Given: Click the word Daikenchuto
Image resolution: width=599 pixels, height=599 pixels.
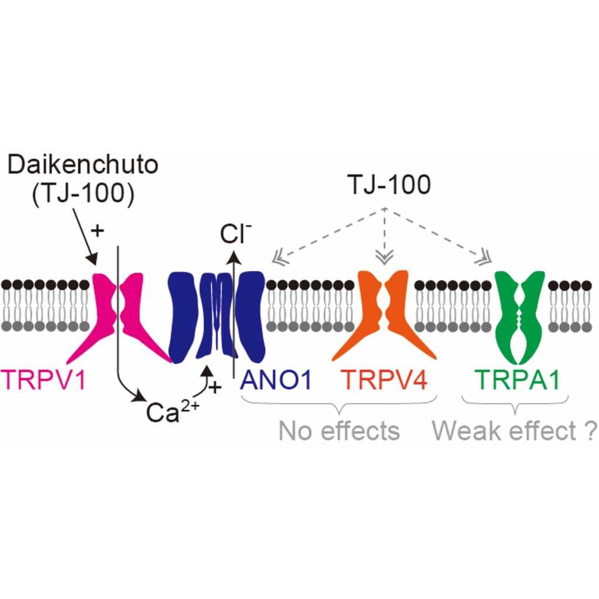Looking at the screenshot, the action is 83,165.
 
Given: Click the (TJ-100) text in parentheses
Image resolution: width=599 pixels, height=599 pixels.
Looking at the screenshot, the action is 83,194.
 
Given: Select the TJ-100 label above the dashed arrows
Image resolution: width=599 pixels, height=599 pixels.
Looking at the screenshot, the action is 389,184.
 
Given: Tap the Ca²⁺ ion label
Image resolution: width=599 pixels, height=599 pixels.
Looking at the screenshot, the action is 173,411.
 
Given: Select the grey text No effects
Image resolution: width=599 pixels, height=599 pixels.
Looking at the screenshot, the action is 339,431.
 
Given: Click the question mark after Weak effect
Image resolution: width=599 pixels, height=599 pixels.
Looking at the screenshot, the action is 591,431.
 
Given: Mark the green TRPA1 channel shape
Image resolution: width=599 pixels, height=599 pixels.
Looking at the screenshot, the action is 518,317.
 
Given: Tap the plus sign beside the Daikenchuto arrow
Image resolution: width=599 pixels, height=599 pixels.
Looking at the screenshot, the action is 98,230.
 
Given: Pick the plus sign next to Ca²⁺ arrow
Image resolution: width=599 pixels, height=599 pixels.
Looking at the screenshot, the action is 215,387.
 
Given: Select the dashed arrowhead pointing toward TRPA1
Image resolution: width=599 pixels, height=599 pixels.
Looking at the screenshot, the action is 484,260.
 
